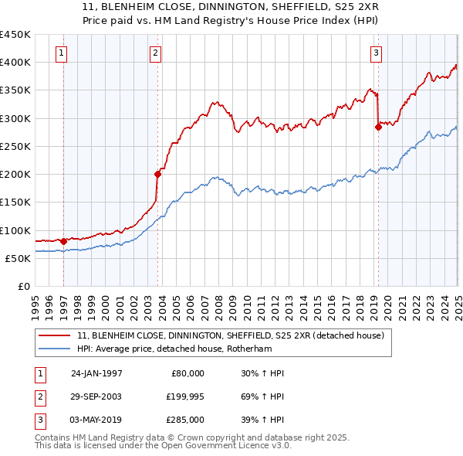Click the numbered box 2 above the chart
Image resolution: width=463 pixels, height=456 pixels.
[155, 53]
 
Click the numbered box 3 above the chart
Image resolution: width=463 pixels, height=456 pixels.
[376, 53]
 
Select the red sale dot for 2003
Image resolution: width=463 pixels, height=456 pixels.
[157, 174]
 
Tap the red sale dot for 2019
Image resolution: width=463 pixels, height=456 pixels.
[378, 127]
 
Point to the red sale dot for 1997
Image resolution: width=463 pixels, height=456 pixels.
[63, 241]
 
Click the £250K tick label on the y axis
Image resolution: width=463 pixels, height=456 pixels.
[15, 146]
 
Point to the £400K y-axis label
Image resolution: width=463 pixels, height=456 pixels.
[15, 63]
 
